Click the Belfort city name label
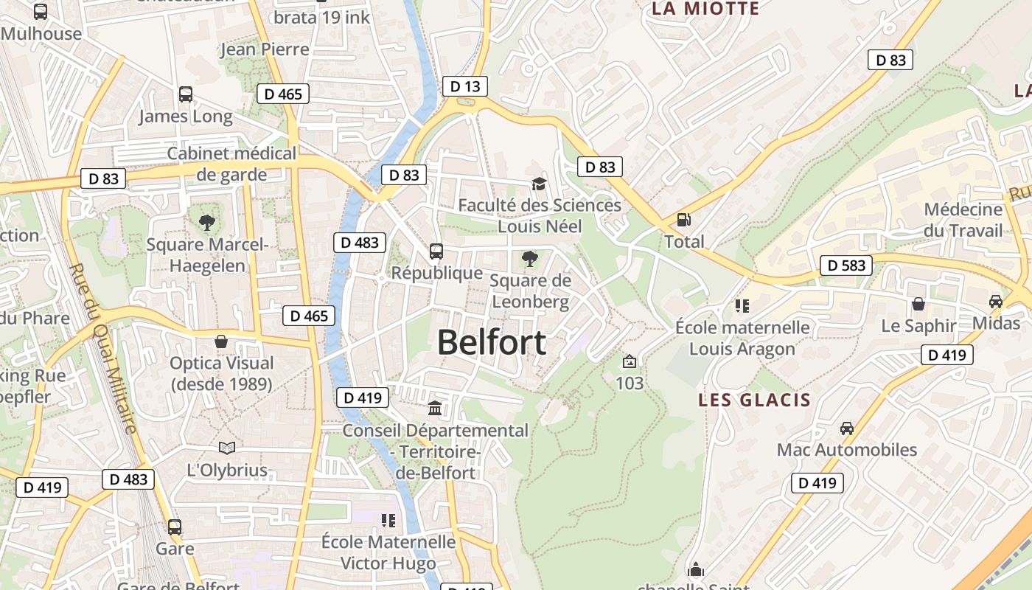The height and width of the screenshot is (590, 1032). pyautogui.click(x=492, y=343)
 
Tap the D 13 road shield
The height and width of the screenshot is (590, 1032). pyautogui.click(x=465, y=86)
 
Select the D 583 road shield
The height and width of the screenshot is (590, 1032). pyautogui.click(x=846, y=265)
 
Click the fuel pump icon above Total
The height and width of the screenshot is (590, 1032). pyautogui.click(x=684, y=220)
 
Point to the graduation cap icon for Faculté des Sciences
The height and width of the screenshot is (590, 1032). pyautogui.click(x=540, y=184)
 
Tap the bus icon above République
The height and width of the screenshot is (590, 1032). pyautogui.click(x=436, y=251)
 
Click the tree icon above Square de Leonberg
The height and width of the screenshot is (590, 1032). pyautogui.click(x=529, y=259)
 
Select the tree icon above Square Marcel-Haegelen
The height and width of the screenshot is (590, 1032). pyautogui.click(x=207, y=222)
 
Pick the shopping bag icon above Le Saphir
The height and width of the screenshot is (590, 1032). pyautogui.click(x=918, y=304)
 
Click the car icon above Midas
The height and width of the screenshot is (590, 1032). pyautogui.click(x=996, y=302)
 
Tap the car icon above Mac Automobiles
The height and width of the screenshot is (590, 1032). pyautogui.click(x=847, y=428)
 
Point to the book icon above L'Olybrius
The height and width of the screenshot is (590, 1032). pyautogui.click(x=227, y=448)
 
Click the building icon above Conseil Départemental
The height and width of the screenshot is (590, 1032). pyautogui.click(x=435, y=408)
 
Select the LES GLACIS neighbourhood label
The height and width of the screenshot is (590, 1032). pyautogui.click(x=754, y=400)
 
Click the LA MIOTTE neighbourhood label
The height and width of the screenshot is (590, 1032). pyautogui.click(x=705, y=9)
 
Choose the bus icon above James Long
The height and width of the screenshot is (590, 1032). pyautogui.click(x=186, y=94)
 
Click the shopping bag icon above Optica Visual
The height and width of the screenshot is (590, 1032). pyautogui.click(x=221, y=341)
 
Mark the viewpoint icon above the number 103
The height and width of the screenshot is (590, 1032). pyautogui.click(x=629, y=361)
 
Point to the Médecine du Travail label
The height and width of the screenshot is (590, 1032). pyautogui.click(x=963, y=220)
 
